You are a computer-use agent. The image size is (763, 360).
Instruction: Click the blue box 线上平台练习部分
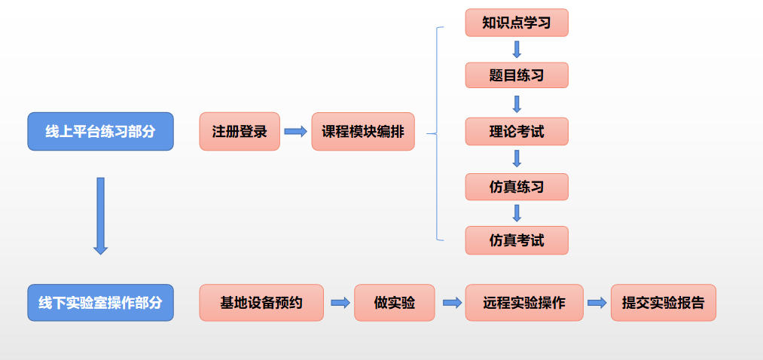tap(100, 131)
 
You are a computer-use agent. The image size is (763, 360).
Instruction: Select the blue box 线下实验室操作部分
tap(100, 303)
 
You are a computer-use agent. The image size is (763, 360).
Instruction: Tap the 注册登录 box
tap(240, 131)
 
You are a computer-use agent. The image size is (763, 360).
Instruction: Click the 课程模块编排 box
tap(363, 131)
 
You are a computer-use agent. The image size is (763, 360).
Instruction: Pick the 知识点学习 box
tap(516, 23)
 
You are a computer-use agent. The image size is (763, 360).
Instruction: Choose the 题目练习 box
tap(516, 75)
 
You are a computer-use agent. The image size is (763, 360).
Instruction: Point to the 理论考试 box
tap(516, 131)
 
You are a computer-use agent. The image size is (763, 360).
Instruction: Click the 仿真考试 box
tap(516, 240)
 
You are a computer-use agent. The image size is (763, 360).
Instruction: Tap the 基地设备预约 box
tap(261, 303)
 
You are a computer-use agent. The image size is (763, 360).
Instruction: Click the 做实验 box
tap(395, 303)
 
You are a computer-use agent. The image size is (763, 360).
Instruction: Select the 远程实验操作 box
tap(524, 303)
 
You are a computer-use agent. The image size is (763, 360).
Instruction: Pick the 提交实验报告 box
tap(663, 303)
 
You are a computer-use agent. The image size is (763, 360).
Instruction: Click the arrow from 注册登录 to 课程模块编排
tap(295, 132)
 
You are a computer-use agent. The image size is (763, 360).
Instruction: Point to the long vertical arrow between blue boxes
tap(100, 215)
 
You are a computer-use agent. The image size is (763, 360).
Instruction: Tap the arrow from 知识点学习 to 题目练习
tap(517, 49)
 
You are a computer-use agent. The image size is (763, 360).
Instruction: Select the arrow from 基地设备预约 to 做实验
tap(340, 303)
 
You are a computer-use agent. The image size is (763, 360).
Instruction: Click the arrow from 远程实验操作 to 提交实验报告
tap(597, 303)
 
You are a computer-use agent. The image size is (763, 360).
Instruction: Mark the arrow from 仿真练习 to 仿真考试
tap(517, 213)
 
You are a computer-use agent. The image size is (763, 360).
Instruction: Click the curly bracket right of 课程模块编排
tap(436, 133)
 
